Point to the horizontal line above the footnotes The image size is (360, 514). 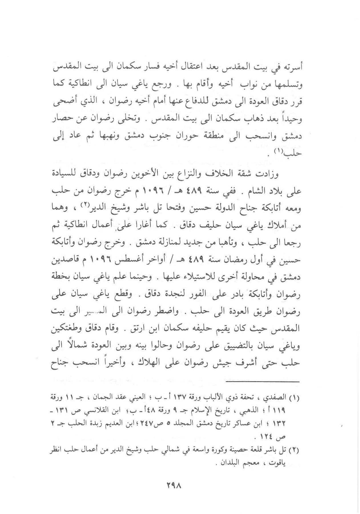click(x=263, y=382)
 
